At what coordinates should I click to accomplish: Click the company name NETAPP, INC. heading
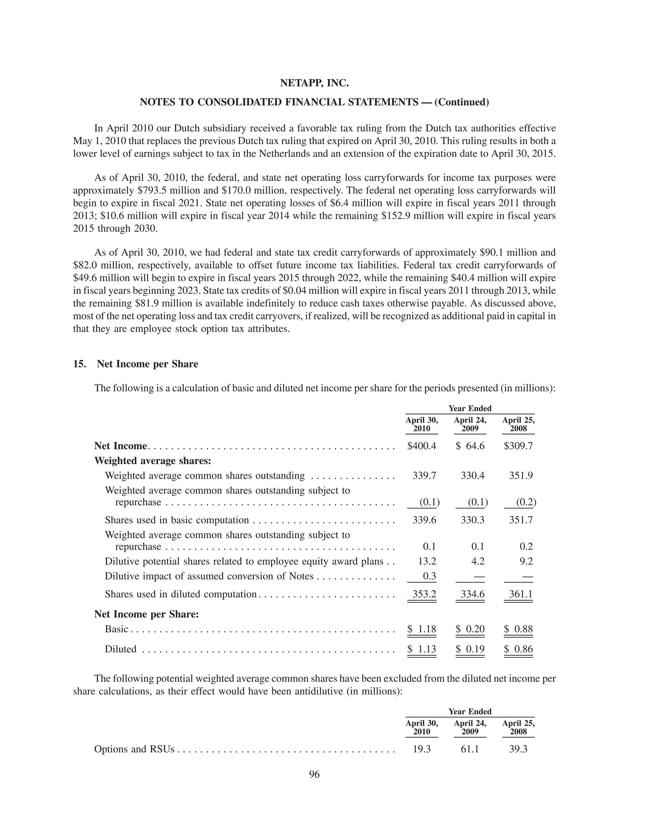tap(314, 83)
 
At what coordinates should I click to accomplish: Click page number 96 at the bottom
tap(314, 774)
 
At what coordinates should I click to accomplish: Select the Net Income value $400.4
tap(421, 446)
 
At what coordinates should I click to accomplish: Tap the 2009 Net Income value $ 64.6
tap(470, 446)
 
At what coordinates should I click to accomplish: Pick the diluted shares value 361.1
tap(520, 595)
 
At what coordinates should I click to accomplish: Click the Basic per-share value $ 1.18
tap(421, 629)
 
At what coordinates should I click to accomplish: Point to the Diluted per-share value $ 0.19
tap(470, 649)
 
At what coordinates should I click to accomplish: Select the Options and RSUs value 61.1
tap(470, 749)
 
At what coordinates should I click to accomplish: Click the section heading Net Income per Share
tap(147, 364)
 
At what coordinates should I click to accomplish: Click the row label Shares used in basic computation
tap(177, 520)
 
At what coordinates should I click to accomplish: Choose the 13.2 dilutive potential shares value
tap(427, 561)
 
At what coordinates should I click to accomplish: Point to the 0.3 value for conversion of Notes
tap(429, 576)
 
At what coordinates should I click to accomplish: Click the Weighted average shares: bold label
tap(153, 460)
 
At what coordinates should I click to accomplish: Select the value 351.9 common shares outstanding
tap(520, 476)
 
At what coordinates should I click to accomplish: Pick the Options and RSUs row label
tap(134, 749)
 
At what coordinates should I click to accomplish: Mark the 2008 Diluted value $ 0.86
tap(518, 649)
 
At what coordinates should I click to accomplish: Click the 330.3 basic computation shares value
tap(472, 520)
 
